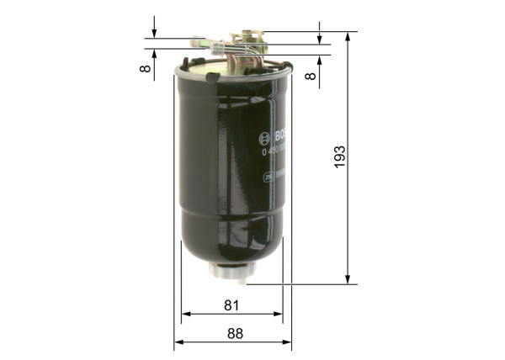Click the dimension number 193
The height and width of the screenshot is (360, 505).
[338, 156]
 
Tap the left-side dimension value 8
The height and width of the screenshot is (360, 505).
[146, 67]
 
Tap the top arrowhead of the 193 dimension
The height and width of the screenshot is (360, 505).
[348, 36]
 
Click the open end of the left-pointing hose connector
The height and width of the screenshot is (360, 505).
[194, 38]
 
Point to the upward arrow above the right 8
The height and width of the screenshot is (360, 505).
[320, 61]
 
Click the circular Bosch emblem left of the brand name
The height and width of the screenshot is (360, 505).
[263, 139]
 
